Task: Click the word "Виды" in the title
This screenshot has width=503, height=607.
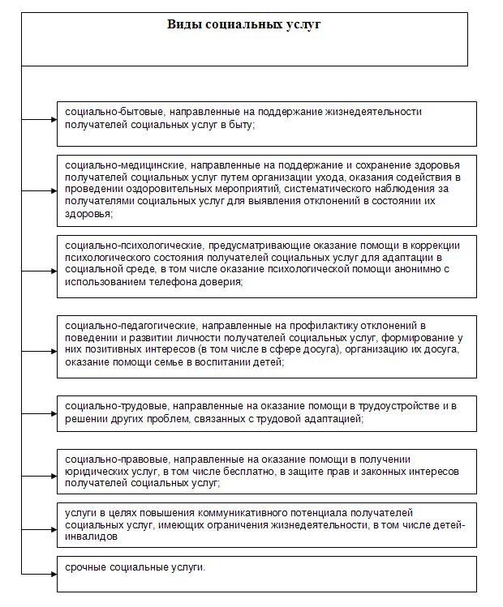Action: (x=182, y=24)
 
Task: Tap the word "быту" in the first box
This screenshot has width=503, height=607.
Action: (x=242, y=124)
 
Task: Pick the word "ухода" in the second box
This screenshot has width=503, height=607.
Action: (x=341, y=177)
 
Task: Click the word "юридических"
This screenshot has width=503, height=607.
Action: (x=96, y=472)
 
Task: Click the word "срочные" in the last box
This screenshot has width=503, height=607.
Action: (x=87, y=566)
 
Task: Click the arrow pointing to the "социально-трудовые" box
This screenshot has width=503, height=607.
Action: (x=45, y=413)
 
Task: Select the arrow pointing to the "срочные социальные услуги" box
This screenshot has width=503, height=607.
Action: (x=45, y=573)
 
